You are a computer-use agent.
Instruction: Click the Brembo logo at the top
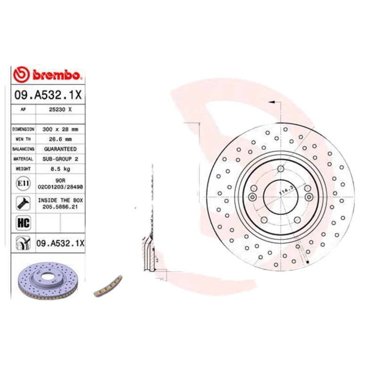(x=48, y=74)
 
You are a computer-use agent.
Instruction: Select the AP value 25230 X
(x=61, y=109)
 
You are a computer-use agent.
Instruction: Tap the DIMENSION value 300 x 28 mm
(x=61, y=128)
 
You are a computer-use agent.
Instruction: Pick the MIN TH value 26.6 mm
(x=61, y=139)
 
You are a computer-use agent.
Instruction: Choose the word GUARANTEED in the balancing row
(x=61, y=149)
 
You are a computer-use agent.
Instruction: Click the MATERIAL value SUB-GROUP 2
(x=61, y=159)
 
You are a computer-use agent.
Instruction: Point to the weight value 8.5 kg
(x=61, y=169)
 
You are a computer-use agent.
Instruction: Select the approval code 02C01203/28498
(x=61, y=187)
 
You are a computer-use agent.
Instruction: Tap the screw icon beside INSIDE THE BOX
(x=22, y=203)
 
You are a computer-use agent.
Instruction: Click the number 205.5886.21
(x=61, y=206)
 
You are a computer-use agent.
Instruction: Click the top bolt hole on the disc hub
(x=281, y=169)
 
